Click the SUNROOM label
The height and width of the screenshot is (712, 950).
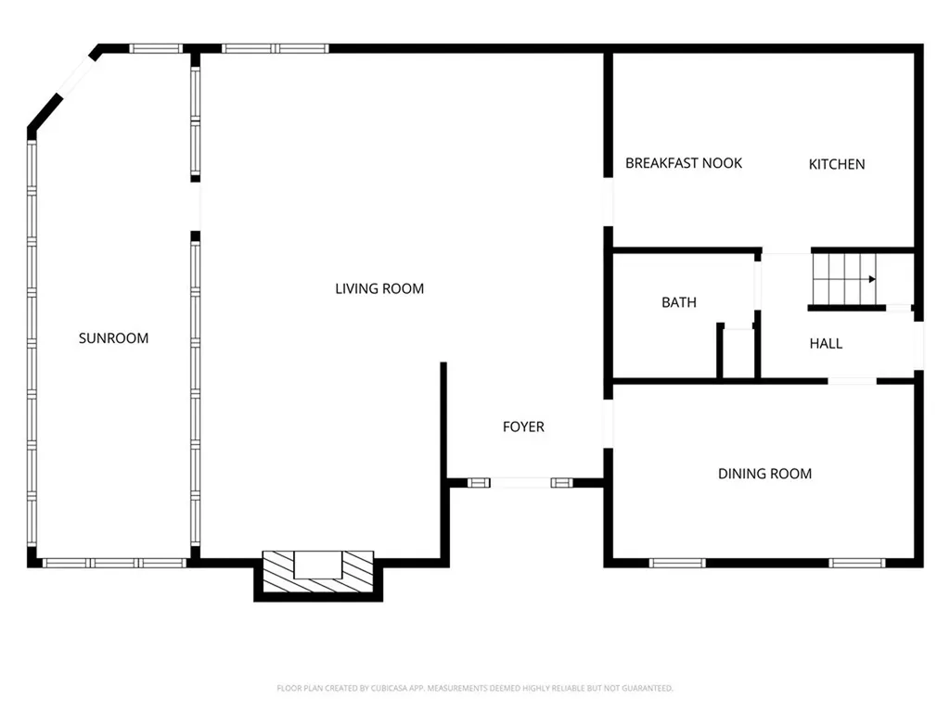[113, 338]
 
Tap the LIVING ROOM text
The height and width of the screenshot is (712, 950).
[379, 289]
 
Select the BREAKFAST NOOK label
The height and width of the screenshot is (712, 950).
[684, 163]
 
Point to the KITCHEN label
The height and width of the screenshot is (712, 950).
[837, 164]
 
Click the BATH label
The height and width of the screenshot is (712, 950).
[679, 302]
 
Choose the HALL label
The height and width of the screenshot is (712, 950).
[826, 344]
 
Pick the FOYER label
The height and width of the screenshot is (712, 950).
[523, 427]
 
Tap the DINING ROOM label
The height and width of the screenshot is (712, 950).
[764, 474]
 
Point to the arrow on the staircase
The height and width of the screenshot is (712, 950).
[871, 278]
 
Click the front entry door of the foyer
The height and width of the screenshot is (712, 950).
[523, 482]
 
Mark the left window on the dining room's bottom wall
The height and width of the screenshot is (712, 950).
[677, 563]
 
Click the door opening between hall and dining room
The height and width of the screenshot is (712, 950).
[852, 380]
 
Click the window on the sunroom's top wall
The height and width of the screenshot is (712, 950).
[156, 48]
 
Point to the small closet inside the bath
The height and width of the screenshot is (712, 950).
[738, 353]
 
